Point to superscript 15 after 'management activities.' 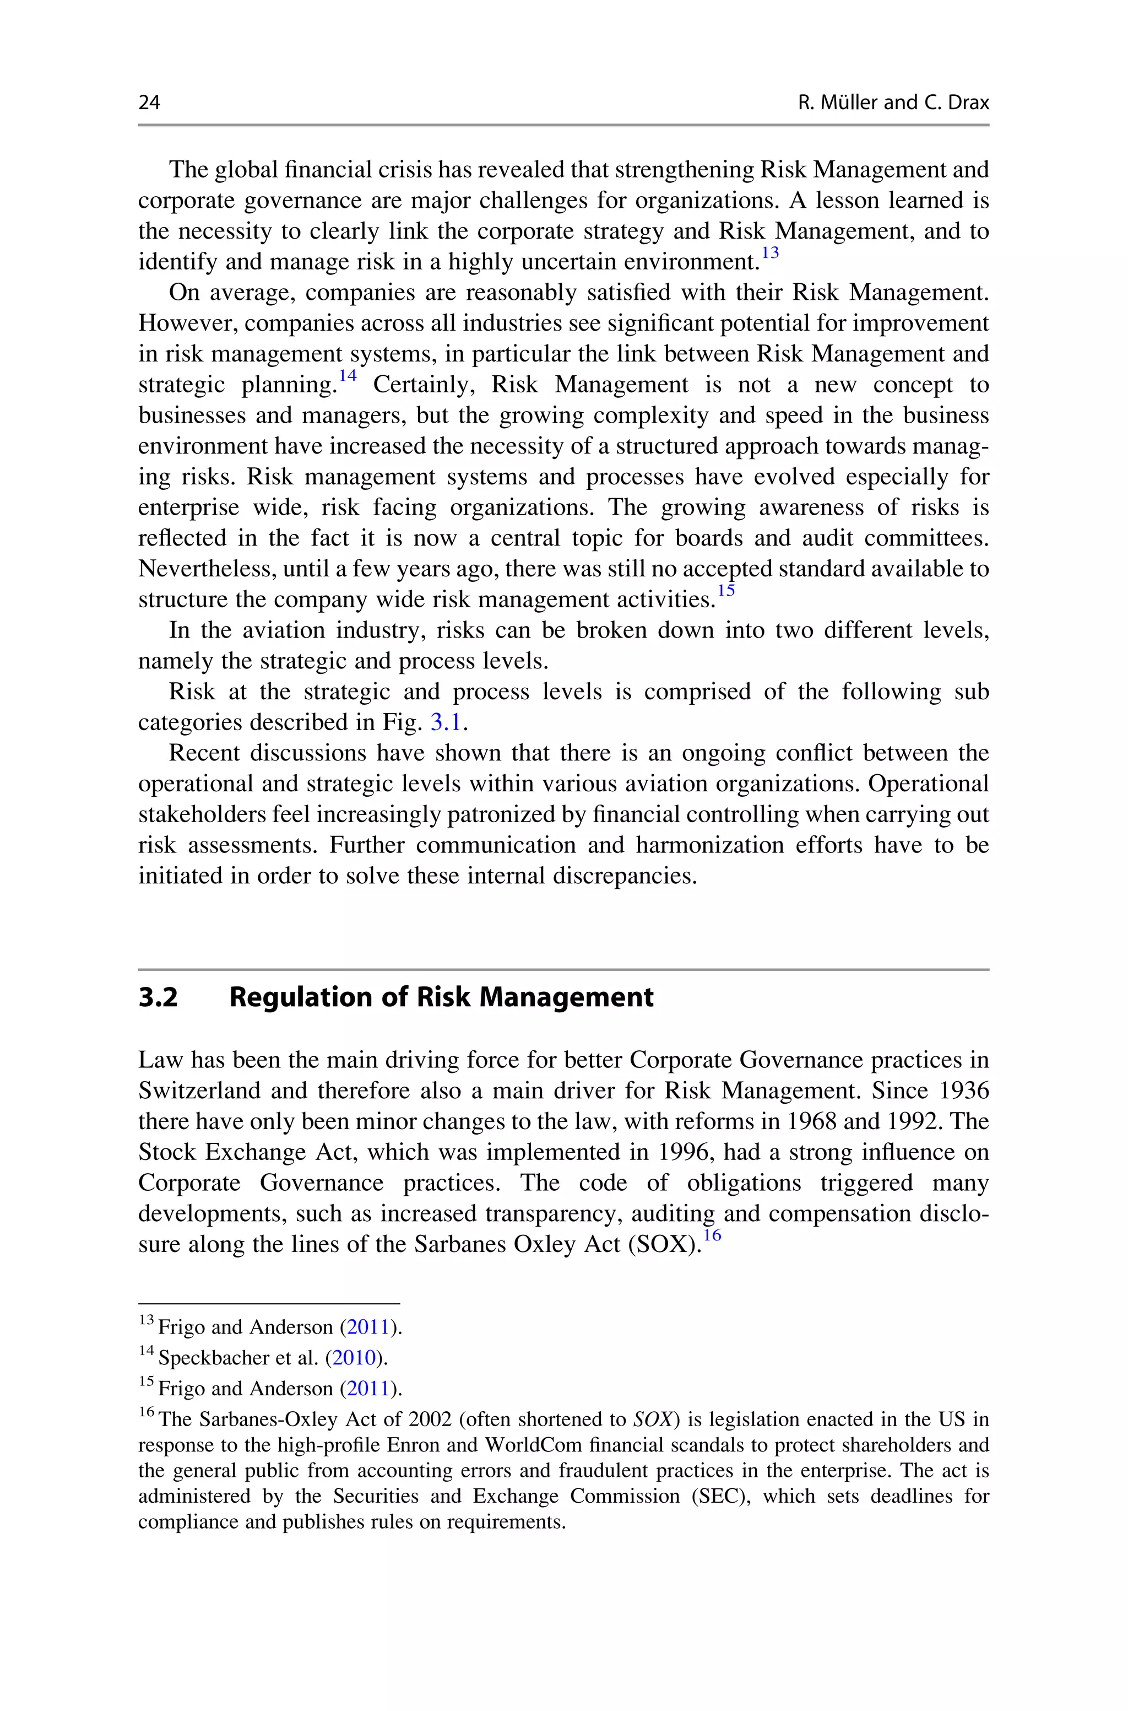click(x=726, y=591)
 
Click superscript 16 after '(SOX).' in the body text click(x=712, y=1235)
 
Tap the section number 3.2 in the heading click(x=158, y=997)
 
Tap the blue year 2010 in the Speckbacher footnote click(x=355, y=1358)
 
